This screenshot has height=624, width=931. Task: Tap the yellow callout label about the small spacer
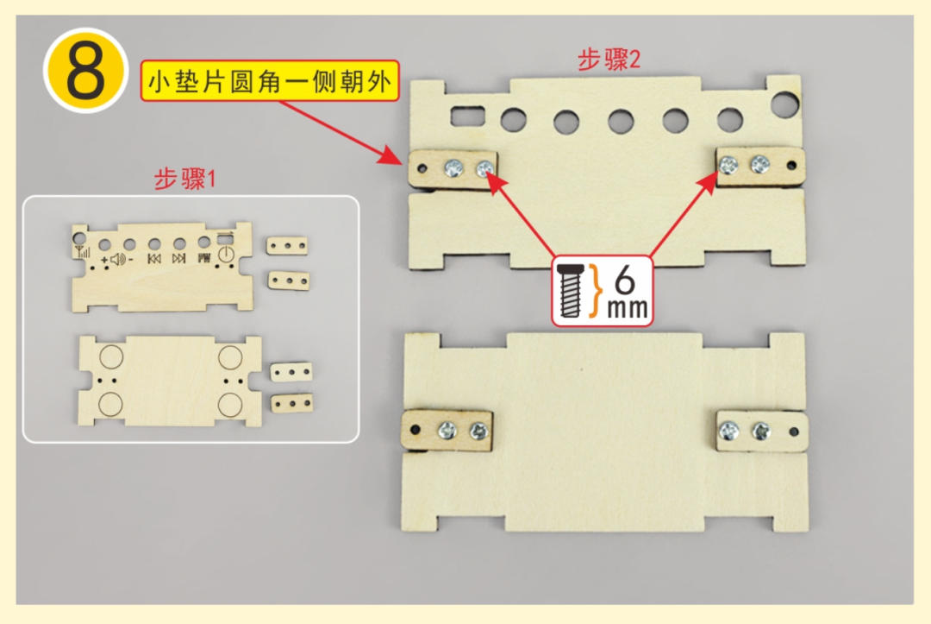(271, 84)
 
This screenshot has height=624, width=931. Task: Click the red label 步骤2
(610, 60)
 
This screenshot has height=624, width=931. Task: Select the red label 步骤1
(184, 180)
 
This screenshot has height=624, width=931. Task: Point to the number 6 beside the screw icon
(627, 280)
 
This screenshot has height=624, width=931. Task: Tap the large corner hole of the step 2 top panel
(785, 104)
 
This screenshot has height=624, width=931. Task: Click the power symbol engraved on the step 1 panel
(226, 255)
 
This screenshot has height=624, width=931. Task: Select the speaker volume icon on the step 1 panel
(116, 258)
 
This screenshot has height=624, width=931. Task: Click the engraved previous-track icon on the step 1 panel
(154, 258)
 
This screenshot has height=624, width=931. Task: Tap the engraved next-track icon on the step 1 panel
(178, 258)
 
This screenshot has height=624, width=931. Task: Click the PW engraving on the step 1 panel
(204, 258)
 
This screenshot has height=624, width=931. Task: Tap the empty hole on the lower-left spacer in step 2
(415, 428)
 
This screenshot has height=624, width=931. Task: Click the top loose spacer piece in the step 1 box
(286, 248)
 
